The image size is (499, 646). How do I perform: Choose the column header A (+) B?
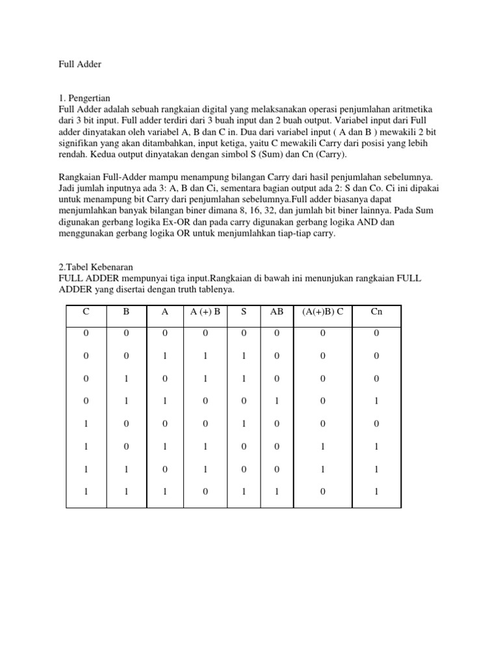205,311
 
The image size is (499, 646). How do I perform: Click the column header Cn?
376,311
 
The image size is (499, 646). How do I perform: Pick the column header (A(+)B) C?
323,311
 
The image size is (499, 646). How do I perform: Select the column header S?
244,311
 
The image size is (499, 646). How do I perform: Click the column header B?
126,311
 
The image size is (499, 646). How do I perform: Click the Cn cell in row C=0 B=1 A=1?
376,401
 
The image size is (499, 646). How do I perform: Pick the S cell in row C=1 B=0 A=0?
244,424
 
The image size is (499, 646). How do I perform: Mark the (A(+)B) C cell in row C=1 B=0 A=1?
323,446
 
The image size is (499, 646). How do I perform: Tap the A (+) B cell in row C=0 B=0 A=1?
205,356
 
